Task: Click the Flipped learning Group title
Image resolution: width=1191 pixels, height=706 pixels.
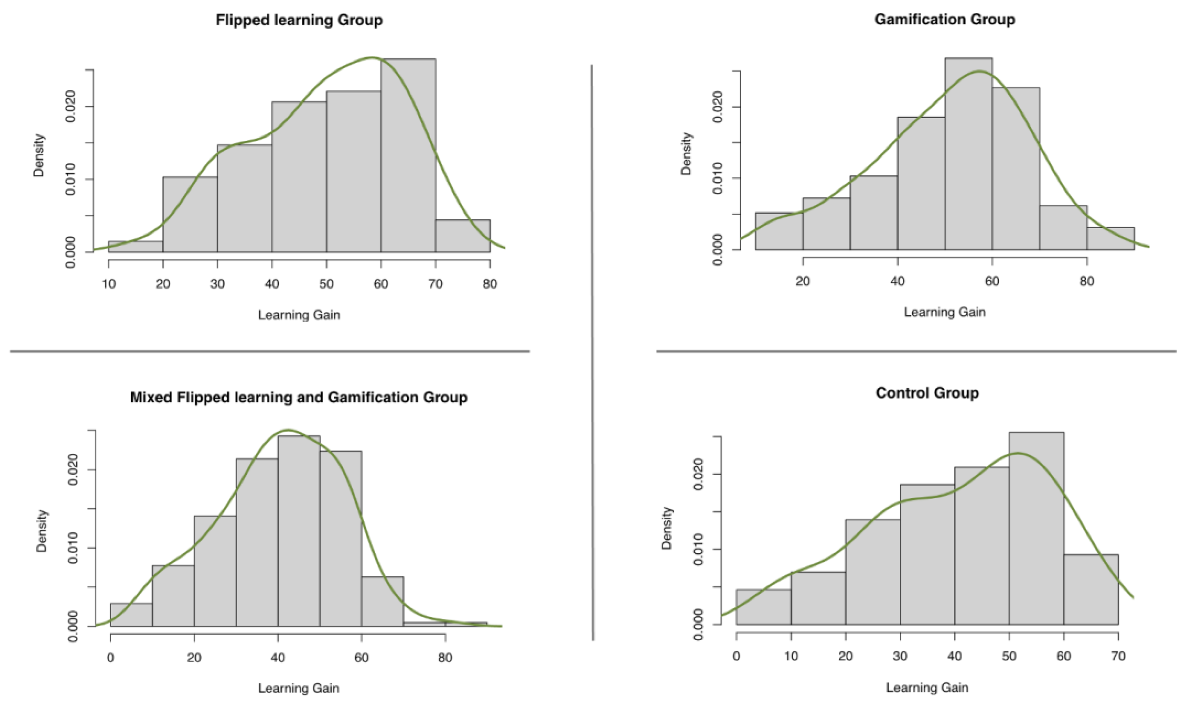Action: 299,20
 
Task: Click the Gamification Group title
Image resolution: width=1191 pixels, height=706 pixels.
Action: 944,19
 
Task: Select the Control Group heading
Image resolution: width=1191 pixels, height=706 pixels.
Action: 927,393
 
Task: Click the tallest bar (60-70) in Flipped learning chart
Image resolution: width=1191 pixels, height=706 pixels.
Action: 408,157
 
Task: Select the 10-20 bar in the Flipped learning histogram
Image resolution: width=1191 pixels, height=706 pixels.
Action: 136,246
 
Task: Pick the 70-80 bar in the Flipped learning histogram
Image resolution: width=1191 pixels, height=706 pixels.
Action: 462,236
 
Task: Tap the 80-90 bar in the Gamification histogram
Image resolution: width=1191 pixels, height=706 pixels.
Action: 1110,239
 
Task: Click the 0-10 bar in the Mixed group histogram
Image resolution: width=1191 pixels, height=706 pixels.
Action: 132,615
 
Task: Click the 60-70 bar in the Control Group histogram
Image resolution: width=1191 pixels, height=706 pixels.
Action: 1091,590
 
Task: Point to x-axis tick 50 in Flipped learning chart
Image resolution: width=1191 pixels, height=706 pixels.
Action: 326,284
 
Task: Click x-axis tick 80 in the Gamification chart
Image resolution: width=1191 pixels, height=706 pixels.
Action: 1087,281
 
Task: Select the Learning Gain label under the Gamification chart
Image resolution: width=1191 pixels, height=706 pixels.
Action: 944,312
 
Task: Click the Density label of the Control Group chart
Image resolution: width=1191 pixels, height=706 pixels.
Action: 666,528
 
